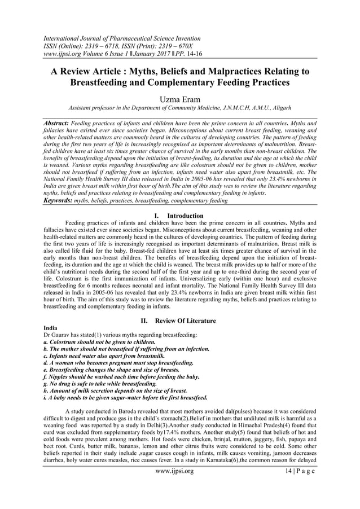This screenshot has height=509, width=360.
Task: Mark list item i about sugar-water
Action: click(x=130, y=397)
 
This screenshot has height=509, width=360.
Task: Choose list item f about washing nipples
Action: click(x=122, y=376)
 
